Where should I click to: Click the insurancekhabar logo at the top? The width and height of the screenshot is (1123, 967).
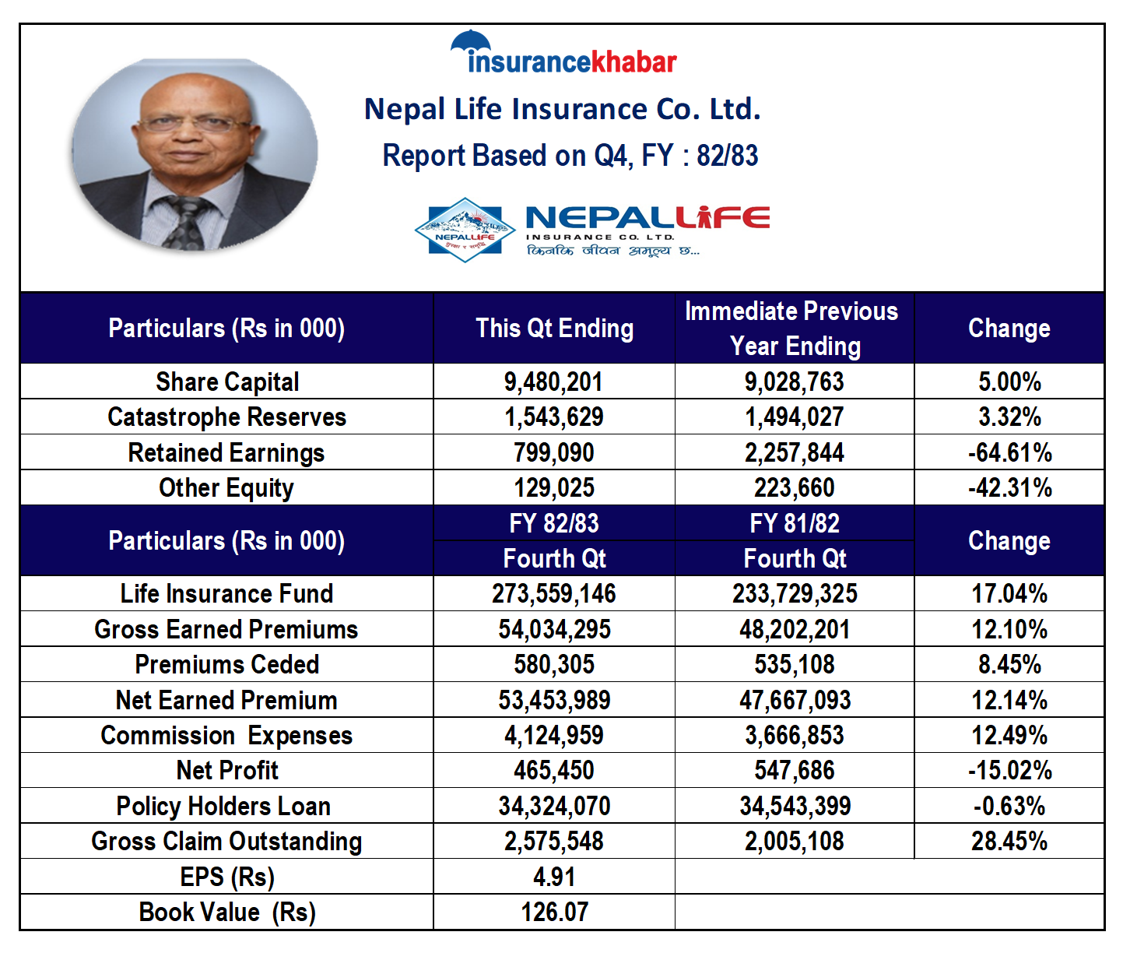coord(563,52)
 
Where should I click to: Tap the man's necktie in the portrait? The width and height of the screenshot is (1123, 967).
coord(188,222)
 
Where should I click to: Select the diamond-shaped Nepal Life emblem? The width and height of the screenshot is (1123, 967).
coord(465,230)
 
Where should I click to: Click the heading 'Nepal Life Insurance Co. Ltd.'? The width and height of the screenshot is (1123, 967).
coord(563,109)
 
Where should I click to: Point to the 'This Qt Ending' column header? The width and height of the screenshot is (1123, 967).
coord(554,329)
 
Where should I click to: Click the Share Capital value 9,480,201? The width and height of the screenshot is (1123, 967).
coord(553,382)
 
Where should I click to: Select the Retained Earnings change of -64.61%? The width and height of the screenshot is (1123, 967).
coord(1009,452)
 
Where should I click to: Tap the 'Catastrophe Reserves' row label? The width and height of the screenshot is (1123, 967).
coord(226,417)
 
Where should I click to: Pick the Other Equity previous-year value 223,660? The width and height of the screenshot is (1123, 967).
coord(794,487)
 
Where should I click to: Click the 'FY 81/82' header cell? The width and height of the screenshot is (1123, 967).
coord(794,523)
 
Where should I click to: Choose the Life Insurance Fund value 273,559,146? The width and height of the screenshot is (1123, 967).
coord(553,593)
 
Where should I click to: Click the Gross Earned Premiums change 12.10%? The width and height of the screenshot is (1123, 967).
coord(1009,629)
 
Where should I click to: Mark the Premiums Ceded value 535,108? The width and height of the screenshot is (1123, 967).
coord(794,664)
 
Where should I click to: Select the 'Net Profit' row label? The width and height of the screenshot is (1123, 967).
coord(226,770)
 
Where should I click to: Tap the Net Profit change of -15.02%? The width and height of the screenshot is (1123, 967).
coord(1009,770)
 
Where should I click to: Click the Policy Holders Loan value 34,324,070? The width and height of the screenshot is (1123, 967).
coord(554,806)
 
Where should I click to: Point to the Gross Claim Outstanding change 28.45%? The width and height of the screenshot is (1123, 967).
coord(1009,841)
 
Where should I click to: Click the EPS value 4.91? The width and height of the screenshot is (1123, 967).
coord(553,877)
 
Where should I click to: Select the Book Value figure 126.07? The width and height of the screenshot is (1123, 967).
coord(554,912)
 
